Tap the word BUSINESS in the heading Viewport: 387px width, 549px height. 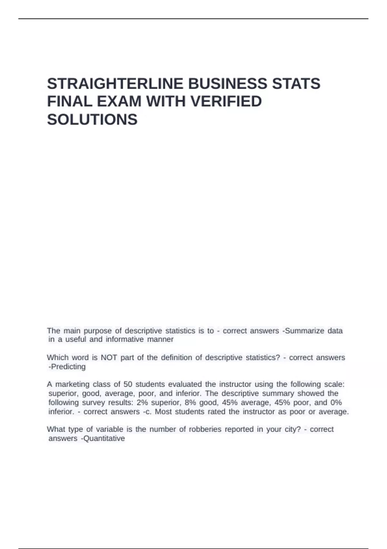(x=227, y=84)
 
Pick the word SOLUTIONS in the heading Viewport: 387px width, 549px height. (x=92, y=119)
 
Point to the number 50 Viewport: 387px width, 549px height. (x=128, y=384)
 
